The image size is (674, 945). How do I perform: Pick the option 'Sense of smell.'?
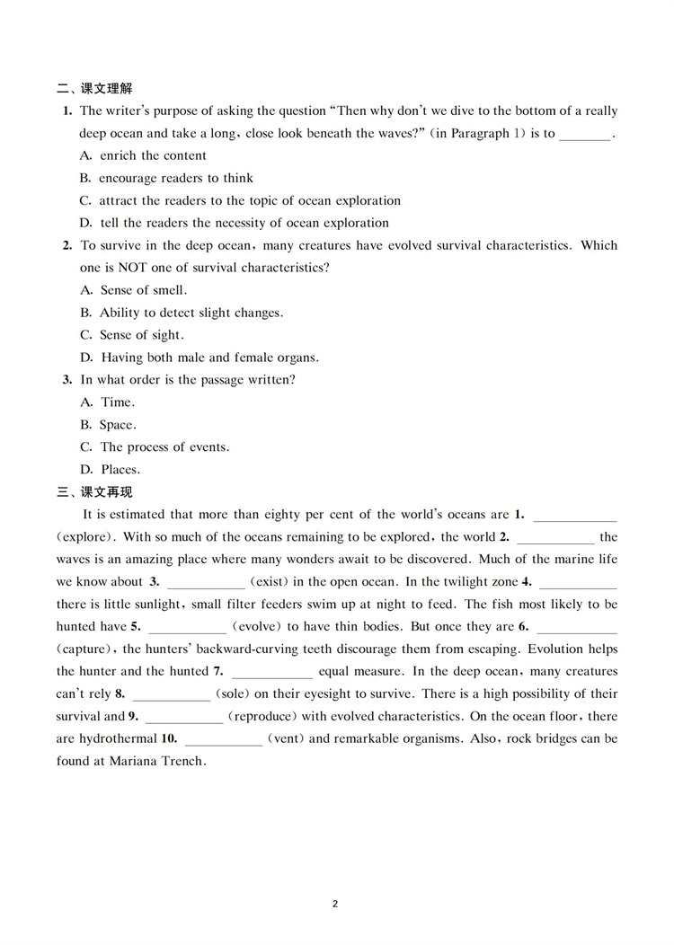tap(134, 290)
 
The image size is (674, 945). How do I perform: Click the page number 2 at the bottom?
tap(335, 903)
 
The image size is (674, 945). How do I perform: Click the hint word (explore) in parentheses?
tap(84, 537)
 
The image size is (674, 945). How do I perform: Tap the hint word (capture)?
tap(85, 649)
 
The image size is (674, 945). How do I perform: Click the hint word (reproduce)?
tap(264, 717)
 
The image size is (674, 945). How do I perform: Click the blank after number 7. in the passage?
tap(272, 672)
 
